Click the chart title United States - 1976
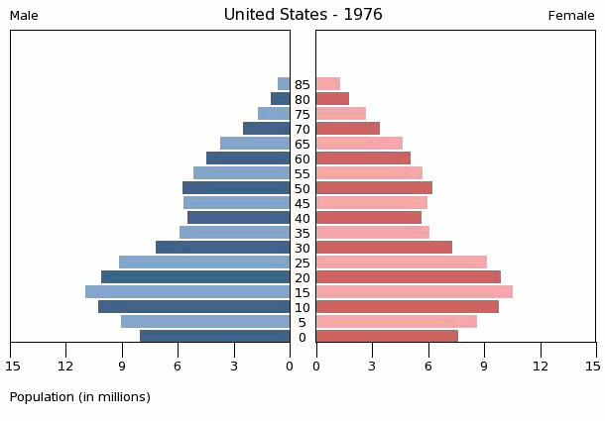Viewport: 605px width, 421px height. tap(302, 15)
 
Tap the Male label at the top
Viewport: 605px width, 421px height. tap(24, 16)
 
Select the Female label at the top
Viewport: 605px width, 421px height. tap(570, 16)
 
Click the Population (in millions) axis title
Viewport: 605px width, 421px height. tap(80, 397)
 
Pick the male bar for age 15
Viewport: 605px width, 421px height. tap(187, 292)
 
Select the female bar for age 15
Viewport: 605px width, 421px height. tap(414, 292)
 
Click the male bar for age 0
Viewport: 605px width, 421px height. tap(214, 337)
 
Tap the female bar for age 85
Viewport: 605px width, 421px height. tap(328, 84)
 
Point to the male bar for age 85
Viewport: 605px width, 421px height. tap(284, 84)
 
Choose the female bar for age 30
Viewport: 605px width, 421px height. tap(384, 248)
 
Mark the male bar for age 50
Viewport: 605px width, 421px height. tap(236, 188)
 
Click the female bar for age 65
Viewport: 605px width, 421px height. tap(359, 144)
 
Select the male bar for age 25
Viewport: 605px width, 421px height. tap(204, 263)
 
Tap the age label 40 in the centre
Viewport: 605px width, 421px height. tap(302, 218)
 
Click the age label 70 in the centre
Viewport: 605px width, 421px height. tap(302, 129)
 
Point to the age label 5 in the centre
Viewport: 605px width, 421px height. tap(302, 322)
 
